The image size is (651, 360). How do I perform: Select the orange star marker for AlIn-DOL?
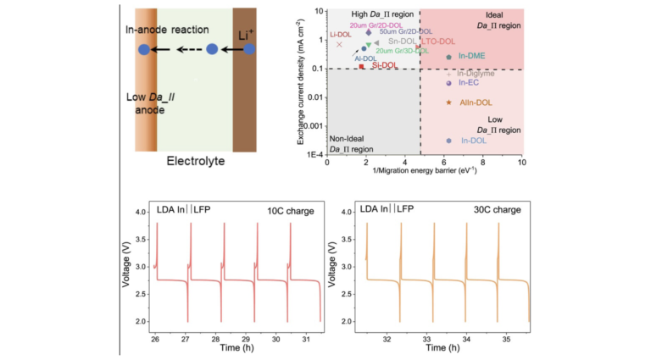point(448,102)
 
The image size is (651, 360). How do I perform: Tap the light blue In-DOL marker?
point(448,141)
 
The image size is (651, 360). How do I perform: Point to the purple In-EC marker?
point(448,83)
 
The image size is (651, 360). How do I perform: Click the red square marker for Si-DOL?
point(361,66)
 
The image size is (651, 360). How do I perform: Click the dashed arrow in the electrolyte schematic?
point(187,50)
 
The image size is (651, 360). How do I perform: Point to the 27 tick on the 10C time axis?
point(186,337)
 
